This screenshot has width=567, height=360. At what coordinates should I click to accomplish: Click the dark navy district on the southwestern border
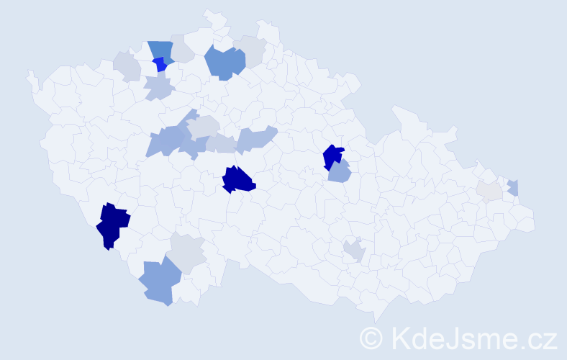[x=112, y=225]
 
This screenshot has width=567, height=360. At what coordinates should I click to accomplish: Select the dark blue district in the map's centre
[x=238, y=180]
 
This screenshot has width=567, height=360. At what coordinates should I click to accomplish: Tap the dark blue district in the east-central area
[x=332, y=156]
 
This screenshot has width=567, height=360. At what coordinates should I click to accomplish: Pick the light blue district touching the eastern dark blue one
[x=338, y=173]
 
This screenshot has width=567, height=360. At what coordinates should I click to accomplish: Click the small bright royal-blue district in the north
[x=160, y=65]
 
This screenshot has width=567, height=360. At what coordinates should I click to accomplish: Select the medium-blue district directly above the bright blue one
[x=161, y=50]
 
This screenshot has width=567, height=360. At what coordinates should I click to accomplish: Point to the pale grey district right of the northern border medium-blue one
[x=182, y=50]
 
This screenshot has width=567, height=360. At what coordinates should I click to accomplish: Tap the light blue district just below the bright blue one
[x=159, y=88]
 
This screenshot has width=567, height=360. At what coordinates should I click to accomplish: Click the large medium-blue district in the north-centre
[x=224, y=63]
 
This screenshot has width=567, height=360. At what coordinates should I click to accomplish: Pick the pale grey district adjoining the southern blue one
[x=187, y=252]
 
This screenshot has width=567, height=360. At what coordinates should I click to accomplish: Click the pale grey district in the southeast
[x=354, y=250]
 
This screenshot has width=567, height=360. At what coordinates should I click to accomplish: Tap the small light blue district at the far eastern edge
[x=513, y=187]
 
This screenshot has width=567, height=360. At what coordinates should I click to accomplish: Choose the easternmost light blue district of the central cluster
[x=257, y=138]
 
